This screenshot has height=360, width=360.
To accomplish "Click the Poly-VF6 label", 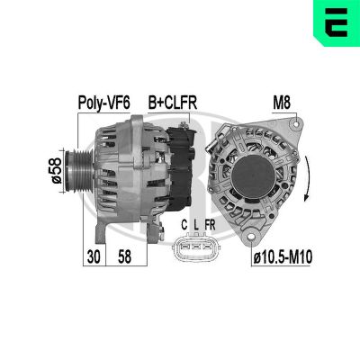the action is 103,103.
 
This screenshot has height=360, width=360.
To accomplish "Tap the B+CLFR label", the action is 173,103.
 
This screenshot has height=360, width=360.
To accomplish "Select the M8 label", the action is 282,103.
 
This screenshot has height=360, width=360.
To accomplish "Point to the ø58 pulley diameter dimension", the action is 56,171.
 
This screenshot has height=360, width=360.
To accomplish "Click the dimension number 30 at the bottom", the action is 94,256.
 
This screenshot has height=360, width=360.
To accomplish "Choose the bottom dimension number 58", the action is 124,256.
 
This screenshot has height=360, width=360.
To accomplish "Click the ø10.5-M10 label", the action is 283,257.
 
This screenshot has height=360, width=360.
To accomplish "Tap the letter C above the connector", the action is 184,225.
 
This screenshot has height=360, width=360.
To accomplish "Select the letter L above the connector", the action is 196,225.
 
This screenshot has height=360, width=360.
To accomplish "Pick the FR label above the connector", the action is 210,225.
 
